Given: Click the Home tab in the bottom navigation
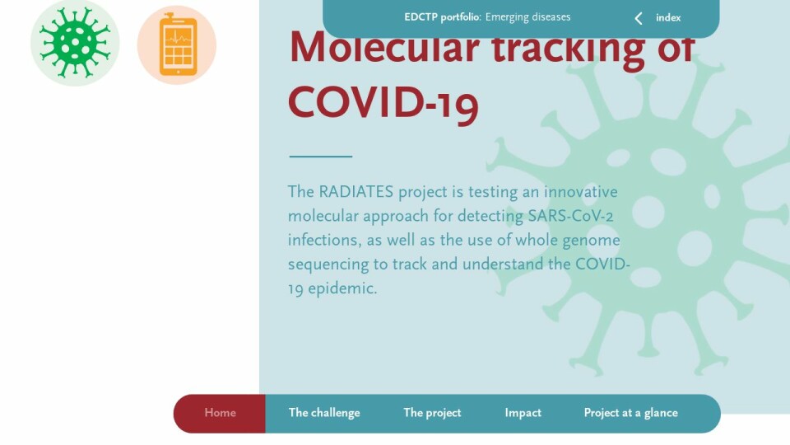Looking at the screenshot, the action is coord(220,413).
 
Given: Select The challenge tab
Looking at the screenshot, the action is coord(324,413).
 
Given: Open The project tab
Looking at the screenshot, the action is coord(432,413).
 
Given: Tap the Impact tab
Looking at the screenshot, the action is coord(523,413).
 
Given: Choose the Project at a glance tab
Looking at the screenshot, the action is coord(631,413).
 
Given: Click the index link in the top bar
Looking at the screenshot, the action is coord(668,17).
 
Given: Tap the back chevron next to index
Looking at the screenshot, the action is coord(639,19).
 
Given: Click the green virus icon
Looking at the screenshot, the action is coord(75,43).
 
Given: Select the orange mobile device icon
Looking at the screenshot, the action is coord(177,44).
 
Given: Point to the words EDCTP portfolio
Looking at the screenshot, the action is coord(443,17).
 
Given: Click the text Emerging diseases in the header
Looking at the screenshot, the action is coord(527,17).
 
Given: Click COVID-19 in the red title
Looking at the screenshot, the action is coord(383,104).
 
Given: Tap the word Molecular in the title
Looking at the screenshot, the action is coord(384,48).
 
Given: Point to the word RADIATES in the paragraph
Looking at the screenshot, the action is coord(355,192).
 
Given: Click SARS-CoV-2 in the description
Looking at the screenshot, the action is coord(570,216).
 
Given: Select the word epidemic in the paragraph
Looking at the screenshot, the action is coord(342,289).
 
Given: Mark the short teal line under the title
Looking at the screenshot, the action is coord(320,157).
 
